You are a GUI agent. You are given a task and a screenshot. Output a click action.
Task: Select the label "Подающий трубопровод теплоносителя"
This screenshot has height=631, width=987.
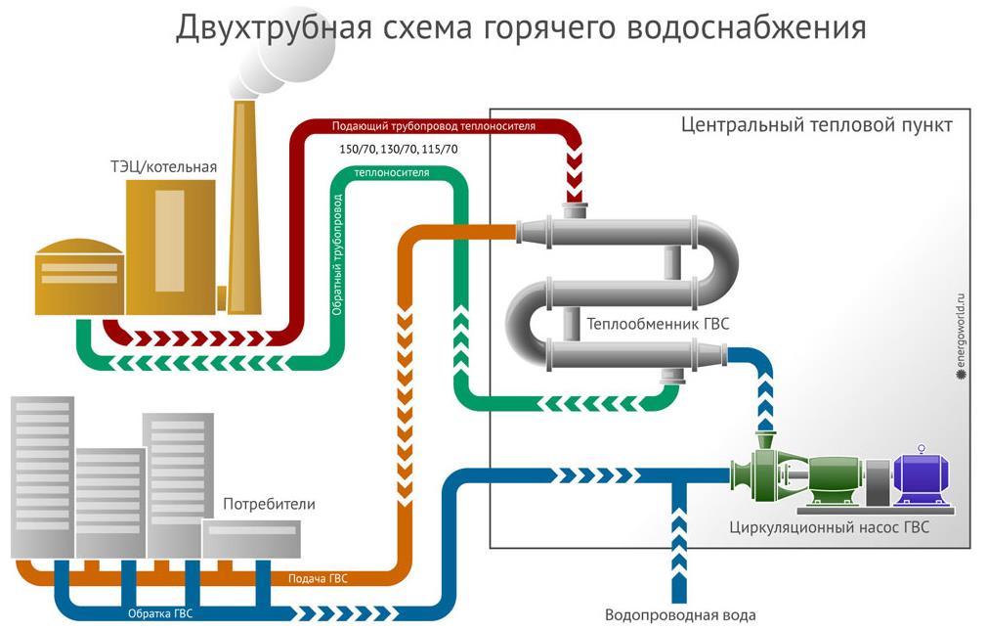tap(433, 126)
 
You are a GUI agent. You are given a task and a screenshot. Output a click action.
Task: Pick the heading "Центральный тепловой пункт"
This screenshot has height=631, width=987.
tap(816, 125)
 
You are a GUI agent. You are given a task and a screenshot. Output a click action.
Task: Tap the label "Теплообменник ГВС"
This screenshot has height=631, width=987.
tap(658, 323)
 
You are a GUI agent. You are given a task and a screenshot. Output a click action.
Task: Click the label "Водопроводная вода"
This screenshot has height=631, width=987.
tap(680, 615)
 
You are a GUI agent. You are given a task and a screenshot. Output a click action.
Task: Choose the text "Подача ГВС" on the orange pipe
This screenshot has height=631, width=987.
tap(318, 578)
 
